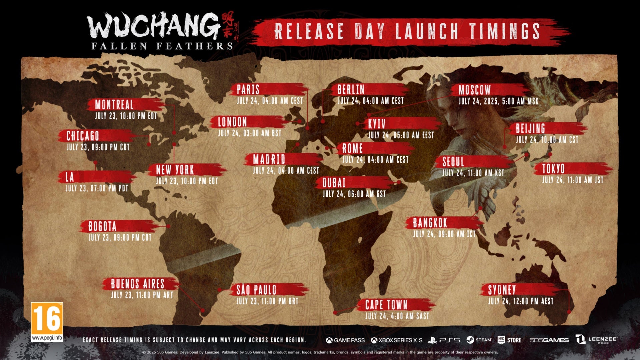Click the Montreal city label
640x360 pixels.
[114, 105]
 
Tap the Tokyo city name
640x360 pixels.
[553, 169]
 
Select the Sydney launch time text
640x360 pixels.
[521, 301]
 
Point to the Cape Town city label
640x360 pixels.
[386, 305]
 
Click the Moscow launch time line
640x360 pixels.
[498, 101]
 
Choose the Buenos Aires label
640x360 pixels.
[137, 284]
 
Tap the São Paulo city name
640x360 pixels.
[256, 290]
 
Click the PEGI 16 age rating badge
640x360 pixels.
[47, 322]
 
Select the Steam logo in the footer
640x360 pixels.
[479, 340]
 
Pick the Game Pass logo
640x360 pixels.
[345, 340]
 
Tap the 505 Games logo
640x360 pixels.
[549, 340]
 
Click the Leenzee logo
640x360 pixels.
[596, 340]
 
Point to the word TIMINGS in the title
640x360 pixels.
[505, 31]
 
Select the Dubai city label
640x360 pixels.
[334, 183]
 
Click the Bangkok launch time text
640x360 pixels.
[444, 234]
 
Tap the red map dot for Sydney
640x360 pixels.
[569, 312]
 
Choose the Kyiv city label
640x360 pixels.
[377, 124]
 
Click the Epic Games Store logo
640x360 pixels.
[509, 340]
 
